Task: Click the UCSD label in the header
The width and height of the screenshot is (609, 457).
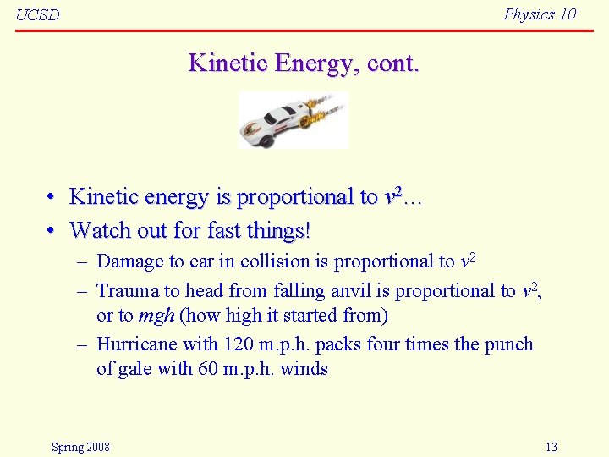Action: (x=38, y=15)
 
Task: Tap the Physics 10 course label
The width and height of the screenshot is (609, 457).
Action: (x=539, y=14)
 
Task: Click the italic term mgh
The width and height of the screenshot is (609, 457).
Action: (x=156, y=316)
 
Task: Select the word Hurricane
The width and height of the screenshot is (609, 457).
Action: (x=137, y=344)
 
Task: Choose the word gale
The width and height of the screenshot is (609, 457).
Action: (x=137, y=369)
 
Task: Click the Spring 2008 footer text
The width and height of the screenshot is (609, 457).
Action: (x=80, y=447)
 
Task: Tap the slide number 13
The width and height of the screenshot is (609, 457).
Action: (x=551, y=447)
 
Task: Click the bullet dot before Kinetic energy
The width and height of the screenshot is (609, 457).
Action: (x=52, y=197)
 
